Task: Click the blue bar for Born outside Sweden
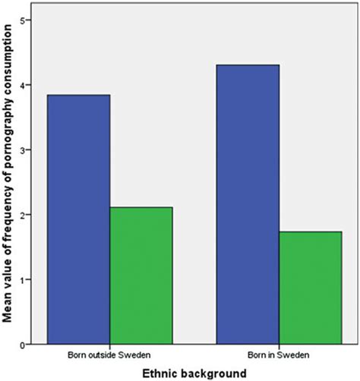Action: click(x=79, y=219)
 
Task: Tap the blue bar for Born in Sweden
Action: click(x=248, y=204)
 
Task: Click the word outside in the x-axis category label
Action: click(x=108, y=355)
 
